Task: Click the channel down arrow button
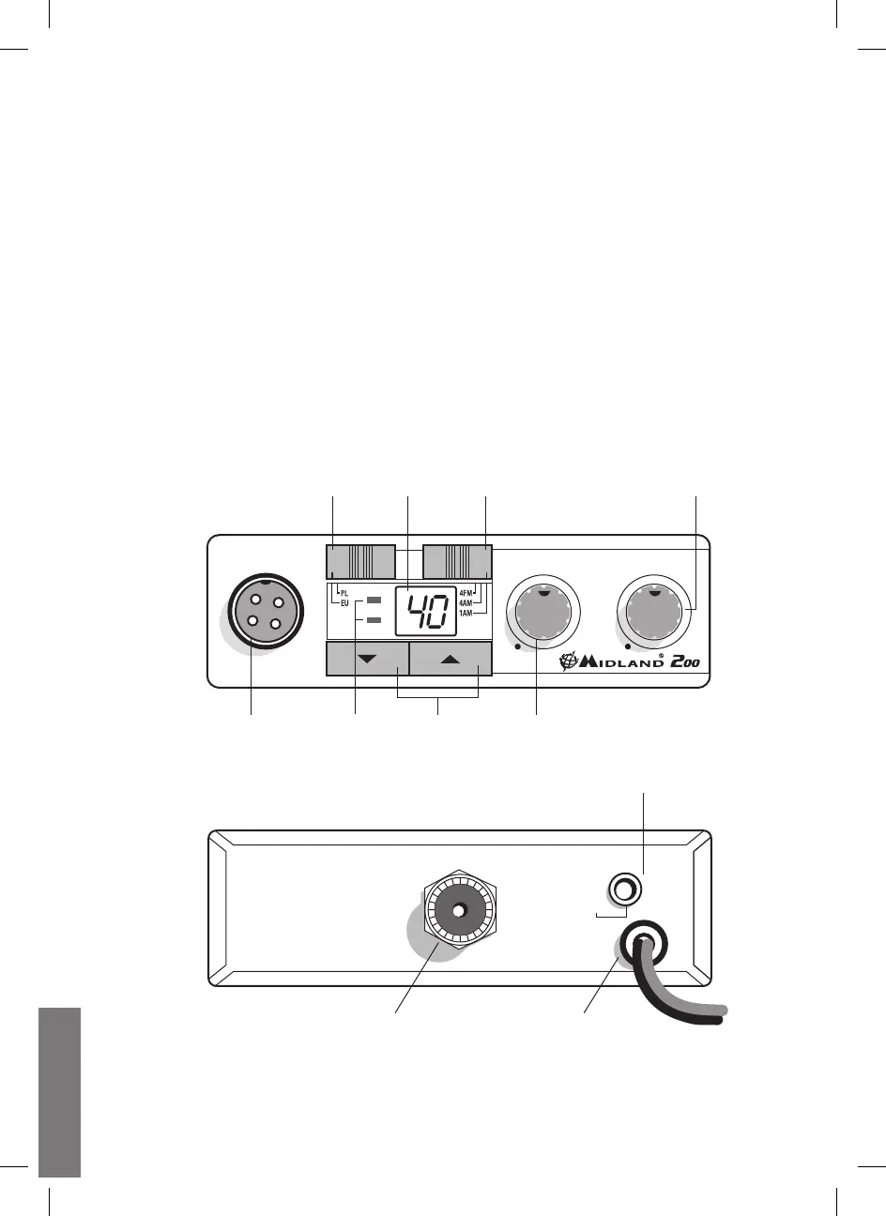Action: tap(366, 659)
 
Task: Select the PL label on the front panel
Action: tap(344, 593)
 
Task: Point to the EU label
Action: tap(344, 603)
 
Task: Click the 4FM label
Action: tap(466, 592)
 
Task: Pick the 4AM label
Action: tap(466, 602)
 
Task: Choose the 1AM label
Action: tap(466, 613)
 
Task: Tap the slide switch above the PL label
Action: tap(360, 560)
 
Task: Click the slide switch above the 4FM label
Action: tap(457, 560)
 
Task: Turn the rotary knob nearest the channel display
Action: tap(544, 614)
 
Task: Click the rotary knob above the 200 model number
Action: tap(655, 614)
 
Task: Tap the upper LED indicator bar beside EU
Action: tap(374, 599)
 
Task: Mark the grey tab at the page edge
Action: tap(60, 1093)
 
